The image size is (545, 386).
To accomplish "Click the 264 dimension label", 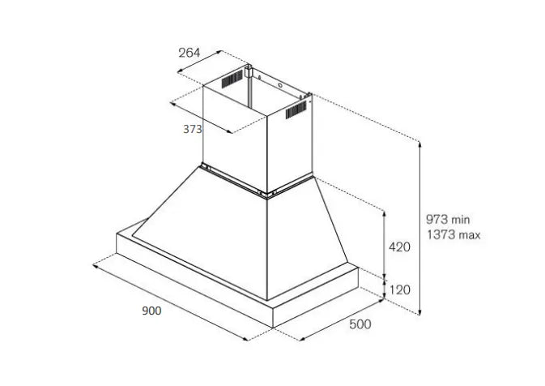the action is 189,53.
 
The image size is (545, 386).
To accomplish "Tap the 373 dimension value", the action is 192,129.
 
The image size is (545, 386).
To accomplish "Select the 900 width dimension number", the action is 151,311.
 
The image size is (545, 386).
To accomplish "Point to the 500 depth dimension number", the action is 360,324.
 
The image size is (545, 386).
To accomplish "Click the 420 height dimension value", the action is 399,247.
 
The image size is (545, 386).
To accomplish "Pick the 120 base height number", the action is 400,290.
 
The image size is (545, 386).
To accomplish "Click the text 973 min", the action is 448,220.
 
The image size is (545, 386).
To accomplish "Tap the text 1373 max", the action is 453,235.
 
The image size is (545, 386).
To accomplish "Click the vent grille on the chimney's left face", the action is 232,79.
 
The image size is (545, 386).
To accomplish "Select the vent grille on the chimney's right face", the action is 296,109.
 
